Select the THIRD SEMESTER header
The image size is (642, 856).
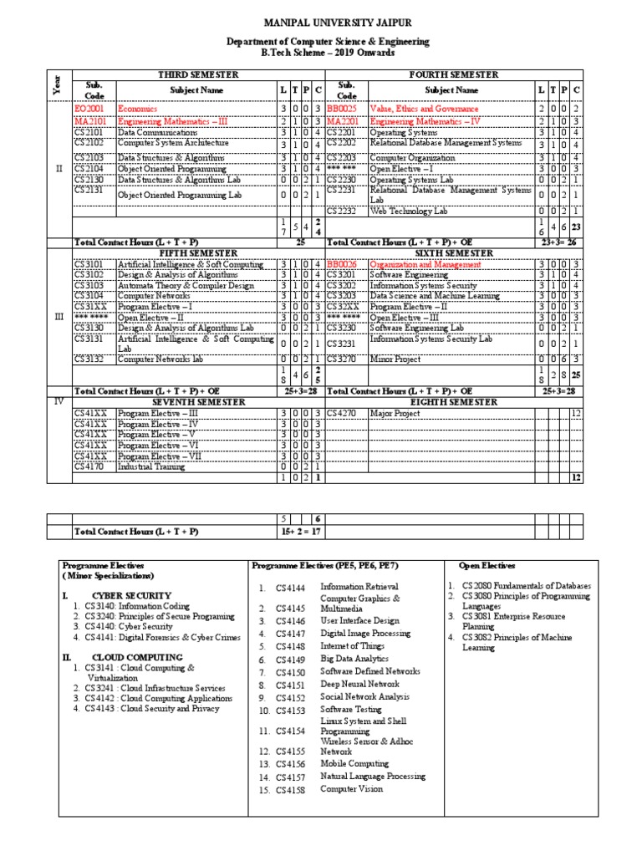coord(197,74)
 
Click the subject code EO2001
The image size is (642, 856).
coord(89,109)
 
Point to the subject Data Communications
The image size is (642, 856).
coord(158,132)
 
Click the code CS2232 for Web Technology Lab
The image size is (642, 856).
coord(343,211)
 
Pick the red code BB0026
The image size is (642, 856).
coord(342,264)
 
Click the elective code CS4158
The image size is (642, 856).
coord(292,788)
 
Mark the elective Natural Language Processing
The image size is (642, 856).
coord(373,776)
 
